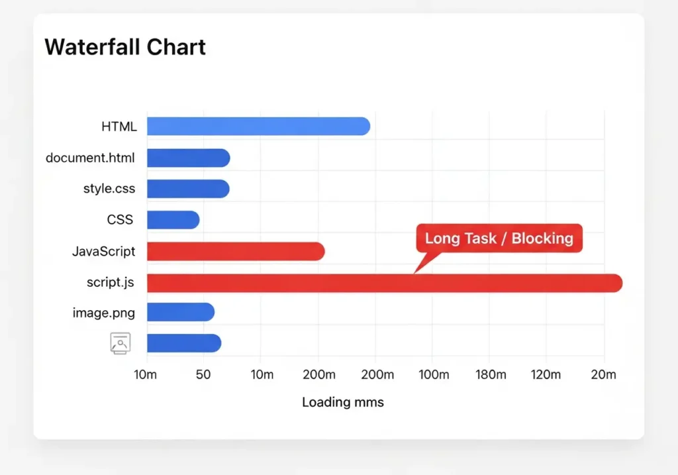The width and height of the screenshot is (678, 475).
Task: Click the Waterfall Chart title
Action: [125, 47]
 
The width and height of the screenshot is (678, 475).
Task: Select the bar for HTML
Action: [258, 126]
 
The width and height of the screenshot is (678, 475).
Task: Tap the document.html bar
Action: [188, 158]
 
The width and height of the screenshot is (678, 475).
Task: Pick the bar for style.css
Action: [188, 189]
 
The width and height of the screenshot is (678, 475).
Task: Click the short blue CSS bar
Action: [173, 220]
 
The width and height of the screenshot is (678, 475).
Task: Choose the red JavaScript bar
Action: [235, 251]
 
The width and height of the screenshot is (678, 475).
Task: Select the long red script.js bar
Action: [384, 283]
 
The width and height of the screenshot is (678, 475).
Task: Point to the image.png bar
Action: [180, 312]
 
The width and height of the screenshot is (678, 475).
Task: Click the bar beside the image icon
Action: [183, 343]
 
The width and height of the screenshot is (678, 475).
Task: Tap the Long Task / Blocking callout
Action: [499, 238]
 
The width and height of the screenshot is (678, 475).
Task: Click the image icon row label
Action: [120, 343]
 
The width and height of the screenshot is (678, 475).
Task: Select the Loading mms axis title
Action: [342, 402]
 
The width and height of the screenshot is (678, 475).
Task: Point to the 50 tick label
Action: [203, 375]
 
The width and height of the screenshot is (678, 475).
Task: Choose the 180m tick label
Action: [491, 375]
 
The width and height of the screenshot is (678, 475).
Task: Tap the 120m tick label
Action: [546, 375]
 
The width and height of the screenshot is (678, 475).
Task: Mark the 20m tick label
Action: [603, 375]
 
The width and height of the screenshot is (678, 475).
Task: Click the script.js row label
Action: [110, 282]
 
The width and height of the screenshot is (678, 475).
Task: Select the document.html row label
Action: [90, 158]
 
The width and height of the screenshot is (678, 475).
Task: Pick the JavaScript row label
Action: [103, 251]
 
